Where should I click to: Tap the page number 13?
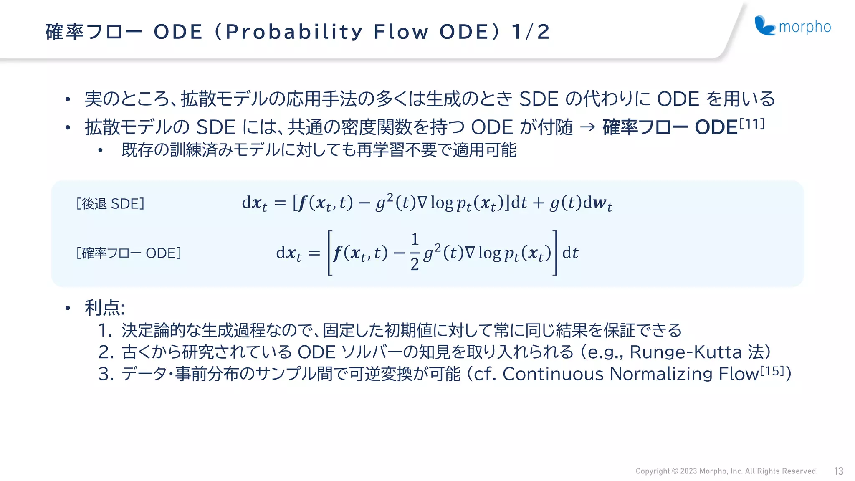point(839,471)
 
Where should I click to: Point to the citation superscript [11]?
point(752,124)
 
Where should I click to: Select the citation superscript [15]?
point(772,370)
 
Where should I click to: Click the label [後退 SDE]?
point(110,204)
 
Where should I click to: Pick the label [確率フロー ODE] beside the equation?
point(129,253)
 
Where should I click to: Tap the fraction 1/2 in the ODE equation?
point(414,252)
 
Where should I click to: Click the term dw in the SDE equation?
point(597,203)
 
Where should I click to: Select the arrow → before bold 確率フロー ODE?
point(587,127)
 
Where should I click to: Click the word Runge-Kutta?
point(685,352)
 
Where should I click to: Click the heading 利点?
point(105,308)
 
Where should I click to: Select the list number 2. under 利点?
point(106,352)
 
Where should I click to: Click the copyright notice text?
point(726,471)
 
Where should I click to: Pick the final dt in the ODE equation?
point(570,253)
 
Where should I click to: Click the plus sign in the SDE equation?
point(538,203)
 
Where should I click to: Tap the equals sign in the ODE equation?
point(314,253)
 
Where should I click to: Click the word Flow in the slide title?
point(401,32)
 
